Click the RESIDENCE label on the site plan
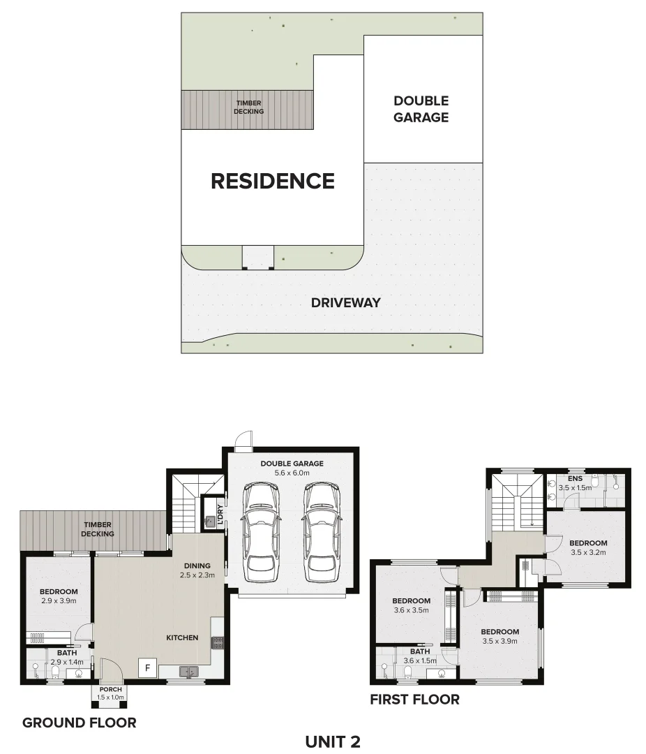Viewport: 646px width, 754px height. point(273,181)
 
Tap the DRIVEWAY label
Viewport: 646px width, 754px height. point(346,302)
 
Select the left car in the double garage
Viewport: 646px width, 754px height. point(260,528)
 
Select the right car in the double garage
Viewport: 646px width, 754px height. point(321,528)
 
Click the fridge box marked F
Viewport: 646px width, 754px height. point(147,668)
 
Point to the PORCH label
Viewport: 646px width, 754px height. point(111,690)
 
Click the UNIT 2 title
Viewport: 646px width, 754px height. point(333,741)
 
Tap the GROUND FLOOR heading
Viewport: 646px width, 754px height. point(79,723)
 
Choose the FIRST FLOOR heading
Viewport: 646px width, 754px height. point(414,699)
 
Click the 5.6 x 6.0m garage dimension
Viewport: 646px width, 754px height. point(292,473)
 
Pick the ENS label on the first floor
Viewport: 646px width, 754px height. point(576,478)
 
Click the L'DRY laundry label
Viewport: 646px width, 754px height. point(220,515)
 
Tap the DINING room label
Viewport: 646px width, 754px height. point(197,565)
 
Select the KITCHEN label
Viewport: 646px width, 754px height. point(182,637)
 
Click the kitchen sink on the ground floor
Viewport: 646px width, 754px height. point(188,672)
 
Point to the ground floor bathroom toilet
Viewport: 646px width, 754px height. point(56,672)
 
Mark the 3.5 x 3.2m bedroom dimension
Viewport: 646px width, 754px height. point(588,552)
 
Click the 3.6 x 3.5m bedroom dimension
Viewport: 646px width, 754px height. point(411,610)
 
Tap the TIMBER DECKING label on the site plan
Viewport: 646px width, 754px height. point(249,107)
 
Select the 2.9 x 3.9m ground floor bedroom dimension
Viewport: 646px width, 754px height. point(59,600)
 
